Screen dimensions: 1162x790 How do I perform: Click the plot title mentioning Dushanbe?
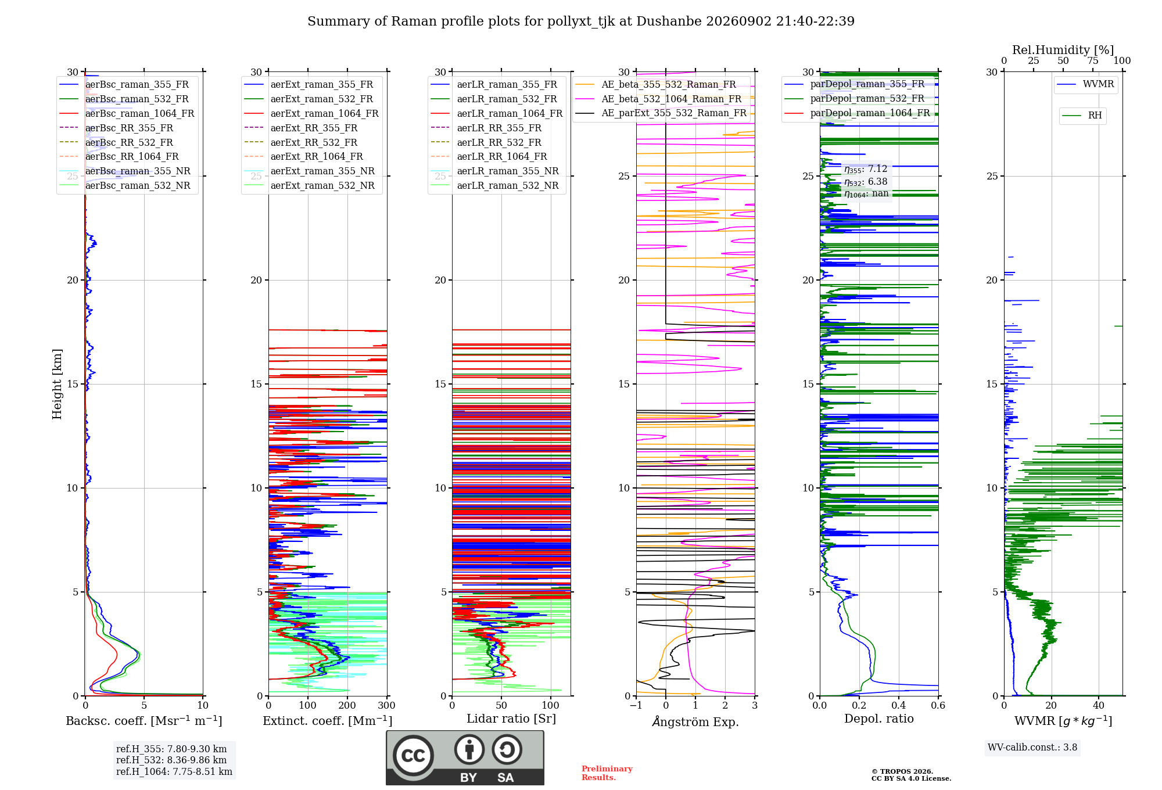[581, 21]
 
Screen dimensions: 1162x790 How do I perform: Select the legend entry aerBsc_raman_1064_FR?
[127, 113]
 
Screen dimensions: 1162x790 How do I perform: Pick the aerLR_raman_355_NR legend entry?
[494, 171]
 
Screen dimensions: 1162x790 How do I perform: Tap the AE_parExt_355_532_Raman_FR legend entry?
[661, 113]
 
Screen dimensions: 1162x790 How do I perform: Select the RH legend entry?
[1082, 116]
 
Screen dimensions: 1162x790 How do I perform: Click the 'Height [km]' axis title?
[57, 384]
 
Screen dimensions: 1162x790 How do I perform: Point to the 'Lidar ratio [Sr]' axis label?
[511, 719]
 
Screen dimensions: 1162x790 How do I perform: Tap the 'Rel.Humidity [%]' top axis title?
[1063, 50]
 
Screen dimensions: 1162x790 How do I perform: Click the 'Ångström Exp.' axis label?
[695, 721]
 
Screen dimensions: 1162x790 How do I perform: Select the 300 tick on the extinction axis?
[387, 706]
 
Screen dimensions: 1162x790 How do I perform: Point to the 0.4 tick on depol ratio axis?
[899, 706]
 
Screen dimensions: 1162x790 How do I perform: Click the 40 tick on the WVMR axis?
[1099, 706]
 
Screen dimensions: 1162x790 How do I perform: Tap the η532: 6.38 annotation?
[866, 182]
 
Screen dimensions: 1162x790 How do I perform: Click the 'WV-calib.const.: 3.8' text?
[1032, 748]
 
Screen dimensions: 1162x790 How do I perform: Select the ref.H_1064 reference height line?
[174, 772]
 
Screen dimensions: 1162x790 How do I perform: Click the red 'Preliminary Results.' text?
[607, 773]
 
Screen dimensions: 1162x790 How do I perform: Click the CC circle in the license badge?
[413, 756]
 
